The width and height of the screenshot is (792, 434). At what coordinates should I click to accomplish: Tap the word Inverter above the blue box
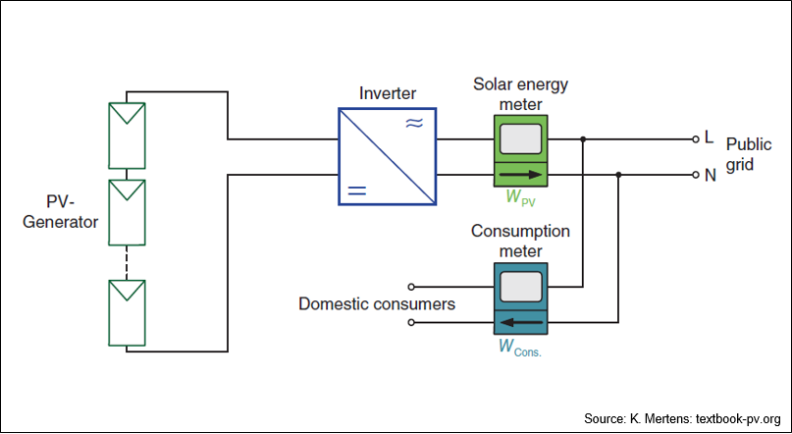[x=388, y=93]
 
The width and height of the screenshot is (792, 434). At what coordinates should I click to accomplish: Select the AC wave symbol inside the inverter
[x=414, y=124]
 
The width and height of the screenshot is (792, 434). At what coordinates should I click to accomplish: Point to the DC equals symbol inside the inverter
[x=357, y=190]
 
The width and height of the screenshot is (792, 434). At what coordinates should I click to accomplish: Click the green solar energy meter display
[x=520, y=139]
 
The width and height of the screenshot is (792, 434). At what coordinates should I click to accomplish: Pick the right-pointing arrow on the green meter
[x=520, y=175]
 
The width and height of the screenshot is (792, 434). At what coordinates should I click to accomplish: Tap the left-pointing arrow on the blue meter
[x=520, y=322]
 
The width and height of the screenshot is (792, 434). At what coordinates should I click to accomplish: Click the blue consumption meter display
[x=520, y=287]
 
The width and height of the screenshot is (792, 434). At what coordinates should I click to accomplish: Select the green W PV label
[x=520, y=197]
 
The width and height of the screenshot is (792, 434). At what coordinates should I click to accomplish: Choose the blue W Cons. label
[x=520, y=347]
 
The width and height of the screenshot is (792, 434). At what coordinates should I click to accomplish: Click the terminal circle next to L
[x=696, y=139]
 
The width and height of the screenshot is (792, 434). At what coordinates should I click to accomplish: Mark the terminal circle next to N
[x=696, y=175]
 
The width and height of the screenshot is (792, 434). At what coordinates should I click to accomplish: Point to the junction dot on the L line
[x=583, y=139]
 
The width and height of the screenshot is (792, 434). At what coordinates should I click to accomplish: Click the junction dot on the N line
[x=618, y=175]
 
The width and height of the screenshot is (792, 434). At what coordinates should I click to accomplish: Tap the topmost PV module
[x=127, y=136]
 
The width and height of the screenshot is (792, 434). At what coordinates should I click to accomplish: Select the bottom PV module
[x=127, y=313]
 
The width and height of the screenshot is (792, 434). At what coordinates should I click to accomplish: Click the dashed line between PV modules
[x=127, y=263]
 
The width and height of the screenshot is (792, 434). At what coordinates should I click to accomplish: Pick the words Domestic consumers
[x=377, y=304]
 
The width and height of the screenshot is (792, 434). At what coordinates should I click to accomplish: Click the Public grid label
[x=749, y=154]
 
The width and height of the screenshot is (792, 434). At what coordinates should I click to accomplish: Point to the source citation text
[x=682, y=419]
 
